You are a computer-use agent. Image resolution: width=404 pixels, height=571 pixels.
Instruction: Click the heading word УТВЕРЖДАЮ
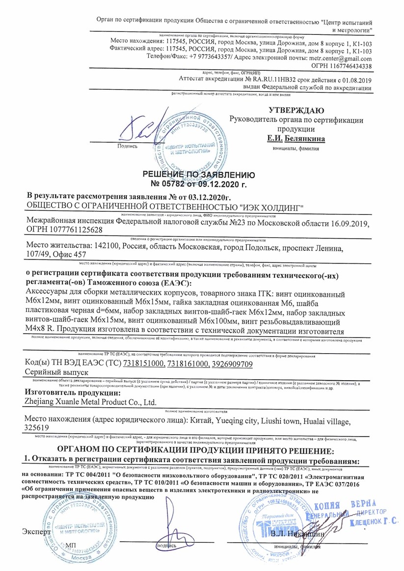click(296, 110)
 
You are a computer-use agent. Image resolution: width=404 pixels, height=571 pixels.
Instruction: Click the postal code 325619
click(38, 428)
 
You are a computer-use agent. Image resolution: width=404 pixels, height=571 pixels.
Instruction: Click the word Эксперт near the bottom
click(36, 532)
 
